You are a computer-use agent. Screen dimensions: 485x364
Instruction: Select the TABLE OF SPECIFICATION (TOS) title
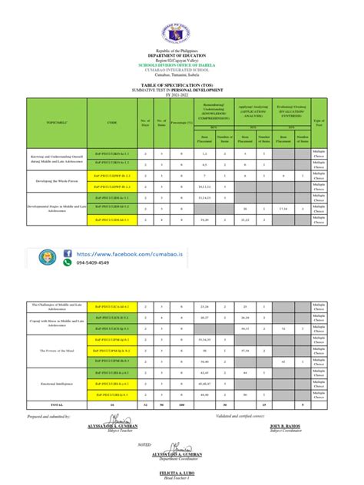[x=182, y=87]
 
